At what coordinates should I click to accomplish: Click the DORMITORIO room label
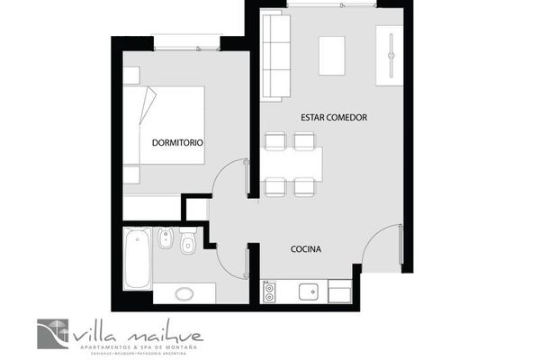tap(177, 143)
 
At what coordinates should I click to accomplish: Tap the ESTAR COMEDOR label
tap(334, 118)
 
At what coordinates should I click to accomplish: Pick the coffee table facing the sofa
tap(333, 56)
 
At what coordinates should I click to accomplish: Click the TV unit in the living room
tap(390, 58)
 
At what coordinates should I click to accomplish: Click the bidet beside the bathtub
tap(165, 241)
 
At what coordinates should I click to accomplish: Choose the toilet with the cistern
tap(189, 241)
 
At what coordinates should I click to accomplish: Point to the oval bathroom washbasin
tap(185, 292)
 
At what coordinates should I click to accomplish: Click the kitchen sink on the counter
tap(308, 292)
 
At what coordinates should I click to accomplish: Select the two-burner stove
tap(269, 292)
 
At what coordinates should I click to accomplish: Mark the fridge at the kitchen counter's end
tap(340, 291)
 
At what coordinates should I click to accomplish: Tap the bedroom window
tap(186, 42)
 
